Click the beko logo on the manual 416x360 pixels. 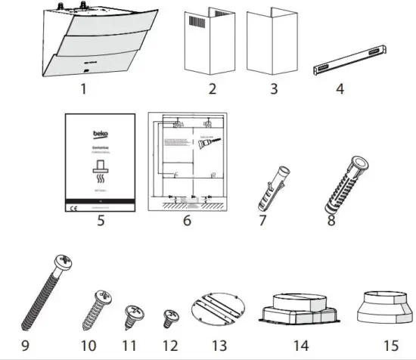coord(101,133)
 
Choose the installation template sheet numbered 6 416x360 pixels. coord(186,163)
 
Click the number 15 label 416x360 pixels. coord(390,346)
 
